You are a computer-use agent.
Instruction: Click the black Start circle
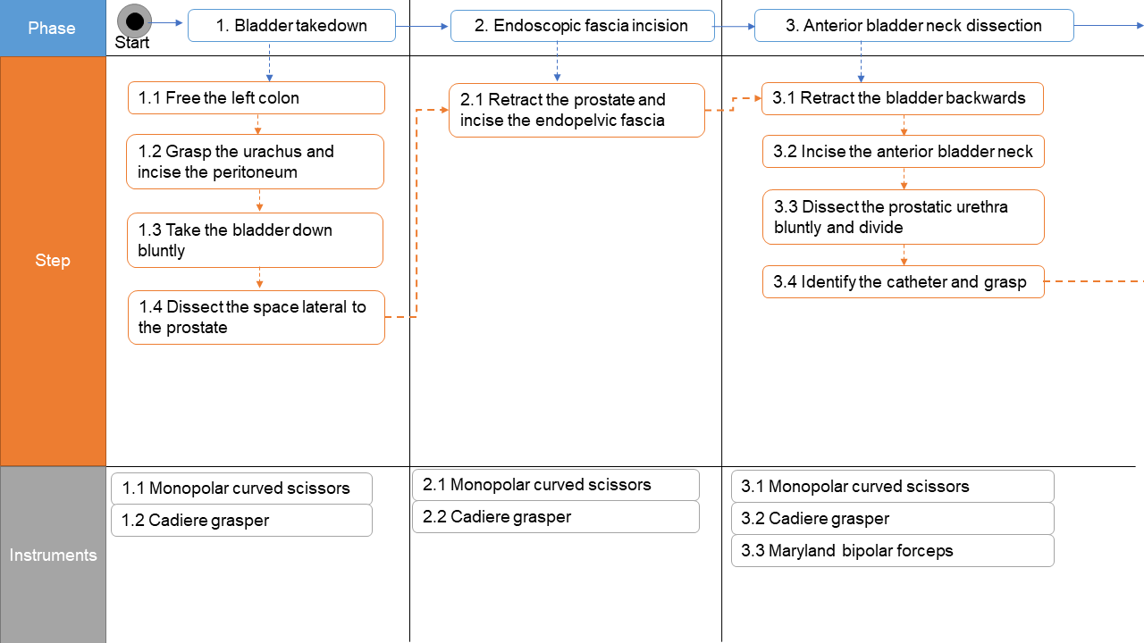pyautogui.click(x=134, y=21)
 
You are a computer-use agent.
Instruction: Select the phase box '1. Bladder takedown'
pyautogui.click(x=291, y=26)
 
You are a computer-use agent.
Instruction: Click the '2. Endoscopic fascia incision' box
pyautogui.click(x=582, y=26)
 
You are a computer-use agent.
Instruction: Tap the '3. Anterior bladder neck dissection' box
pyautogui.click(x=913, y=26)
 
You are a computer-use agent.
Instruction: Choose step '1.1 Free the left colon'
pyautogui.click(x=257, y=98)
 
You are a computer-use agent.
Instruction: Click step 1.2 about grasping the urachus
pyautogui.click(x=256, y=162)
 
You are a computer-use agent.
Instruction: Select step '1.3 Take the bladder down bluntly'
pyautogui.click(x=256, y=240)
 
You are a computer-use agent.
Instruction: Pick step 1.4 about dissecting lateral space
pyautogui.click(x=257, y=317)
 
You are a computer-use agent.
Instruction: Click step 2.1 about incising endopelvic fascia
pyautogui.click(x=577, y=110)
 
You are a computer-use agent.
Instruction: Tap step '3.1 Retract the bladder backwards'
pyautogui.click(x=903, y=98)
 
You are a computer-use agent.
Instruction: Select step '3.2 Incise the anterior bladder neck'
pyautogui.click(x=904, y=152)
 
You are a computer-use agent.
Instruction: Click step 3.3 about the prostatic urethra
pyautogui.click(x=904, y=217)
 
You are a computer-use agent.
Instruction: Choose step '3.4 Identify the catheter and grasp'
pyautogui.click(x=904, y=281)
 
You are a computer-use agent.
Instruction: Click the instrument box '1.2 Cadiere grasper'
pyautogui.click(x=241, y=521)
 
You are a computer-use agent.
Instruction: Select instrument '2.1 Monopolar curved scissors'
pyautogui.click(x=556, y=485)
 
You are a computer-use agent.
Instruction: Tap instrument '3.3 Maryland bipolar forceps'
pyautogui.click(x=893, y=551)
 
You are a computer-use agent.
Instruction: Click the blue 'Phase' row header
pyautogui.click(x=53, y=28)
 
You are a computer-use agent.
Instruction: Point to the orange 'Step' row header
pyautogui.click(x=53, y=261)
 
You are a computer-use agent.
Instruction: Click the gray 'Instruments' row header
pyautogui.click(x=53, y=555)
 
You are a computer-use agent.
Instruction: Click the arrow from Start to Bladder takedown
pyautogui.click(x=166, y=22)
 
